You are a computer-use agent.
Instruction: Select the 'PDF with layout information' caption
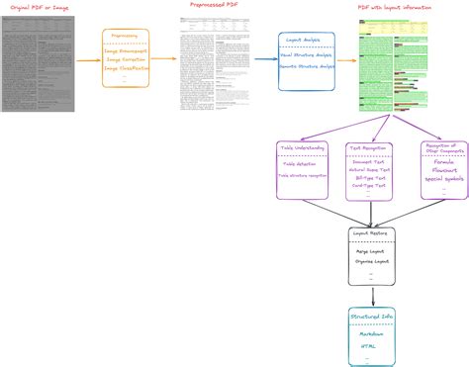[x=397, y=7]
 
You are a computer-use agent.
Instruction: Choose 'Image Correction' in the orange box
[x=126, y=59]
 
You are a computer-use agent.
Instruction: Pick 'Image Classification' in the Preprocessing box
[x=126, y=69]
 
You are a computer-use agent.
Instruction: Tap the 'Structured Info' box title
[x=373, y=315]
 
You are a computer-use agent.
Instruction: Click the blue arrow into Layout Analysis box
[x=266, y=59]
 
